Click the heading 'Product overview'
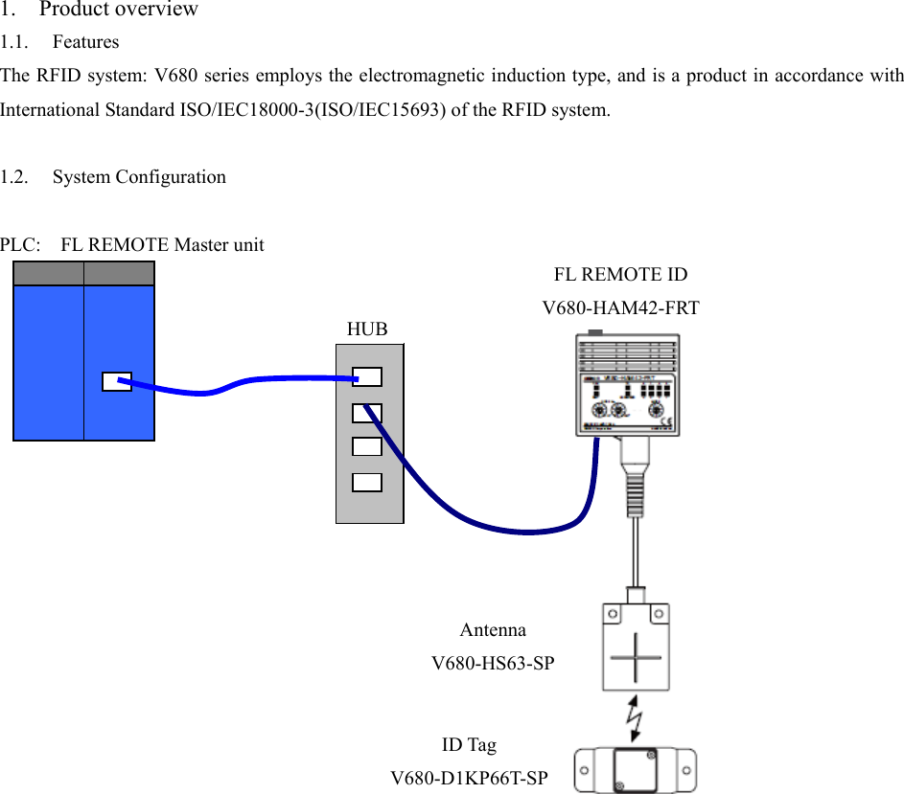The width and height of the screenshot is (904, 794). [118, 10]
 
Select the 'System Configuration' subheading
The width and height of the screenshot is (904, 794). [139, 177]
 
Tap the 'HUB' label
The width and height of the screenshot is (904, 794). [367, 329]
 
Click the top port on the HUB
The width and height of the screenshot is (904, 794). [367, 377]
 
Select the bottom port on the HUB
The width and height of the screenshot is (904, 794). [367, 482]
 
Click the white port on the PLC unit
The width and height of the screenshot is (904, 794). [116, 381]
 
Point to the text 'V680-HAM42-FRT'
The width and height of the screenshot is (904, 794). [620, 308]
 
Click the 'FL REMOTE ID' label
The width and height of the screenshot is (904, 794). [620, 275]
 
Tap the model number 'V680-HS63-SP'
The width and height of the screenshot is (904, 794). [493, 663]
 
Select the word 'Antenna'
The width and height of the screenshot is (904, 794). [493, 630]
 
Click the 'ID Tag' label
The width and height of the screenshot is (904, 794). [469, 745]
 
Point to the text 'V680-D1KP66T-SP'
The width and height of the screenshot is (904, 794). [469, 778]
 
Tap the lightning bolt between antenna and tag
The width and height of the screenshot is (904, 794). [635, 716]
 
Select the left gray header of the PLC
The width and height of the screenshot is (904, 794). [48, 273]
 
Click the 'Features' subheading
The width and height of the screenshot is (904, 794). [85, 42]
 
